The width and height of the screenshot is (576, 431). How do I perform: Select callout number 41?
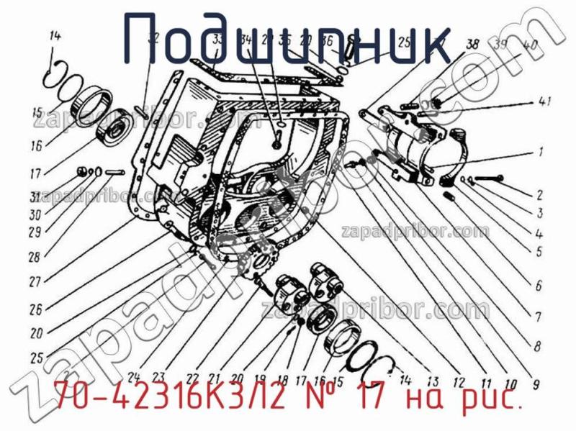pyautogui.click(x=545, y=103)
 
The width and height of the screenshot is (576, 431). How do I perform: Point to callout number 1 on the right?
pyautogui.click(x=539, y=153)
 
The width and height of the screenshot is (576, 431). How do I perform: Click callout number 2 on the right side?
pyautogui.click(x=539, y=194)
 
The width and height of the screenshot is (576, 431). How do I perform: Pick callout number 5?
pyautogui.click(x=538, y=253)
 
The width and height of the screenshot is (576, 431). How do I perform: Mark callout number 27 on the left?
pyautogui.click(x=34, y=282)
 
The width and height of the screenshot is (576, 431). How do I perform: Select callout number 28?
pyautogui.click(x=34, y=256)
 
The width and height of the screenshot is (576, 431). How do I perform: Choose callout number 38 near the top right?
pyautogui.click(x=472, y=44)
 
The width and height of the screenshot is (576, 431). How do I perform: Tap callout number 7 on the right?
pyautogui.click(x=538, y=315)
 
